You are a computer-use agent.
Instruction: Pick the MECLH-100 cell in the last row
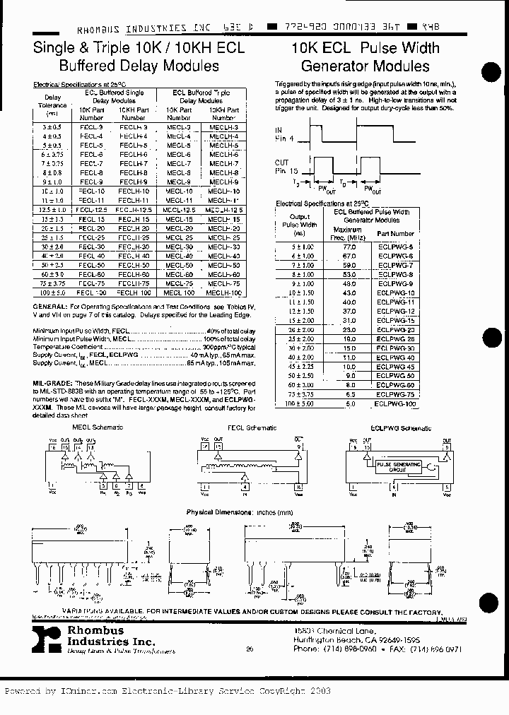tap(223, 292)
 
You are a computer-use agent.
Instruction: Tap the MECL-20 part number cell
tap(179, 228)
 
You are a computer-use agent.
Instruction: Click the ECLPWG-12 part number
tap(396, 311)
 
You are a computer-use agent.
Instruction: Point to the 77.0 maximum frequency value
tap(348, 246)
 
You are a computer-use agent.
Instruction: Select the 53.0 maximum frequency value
tap(348, 273)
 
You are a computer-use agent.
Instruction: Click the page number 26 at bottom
tap(249, 648)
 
